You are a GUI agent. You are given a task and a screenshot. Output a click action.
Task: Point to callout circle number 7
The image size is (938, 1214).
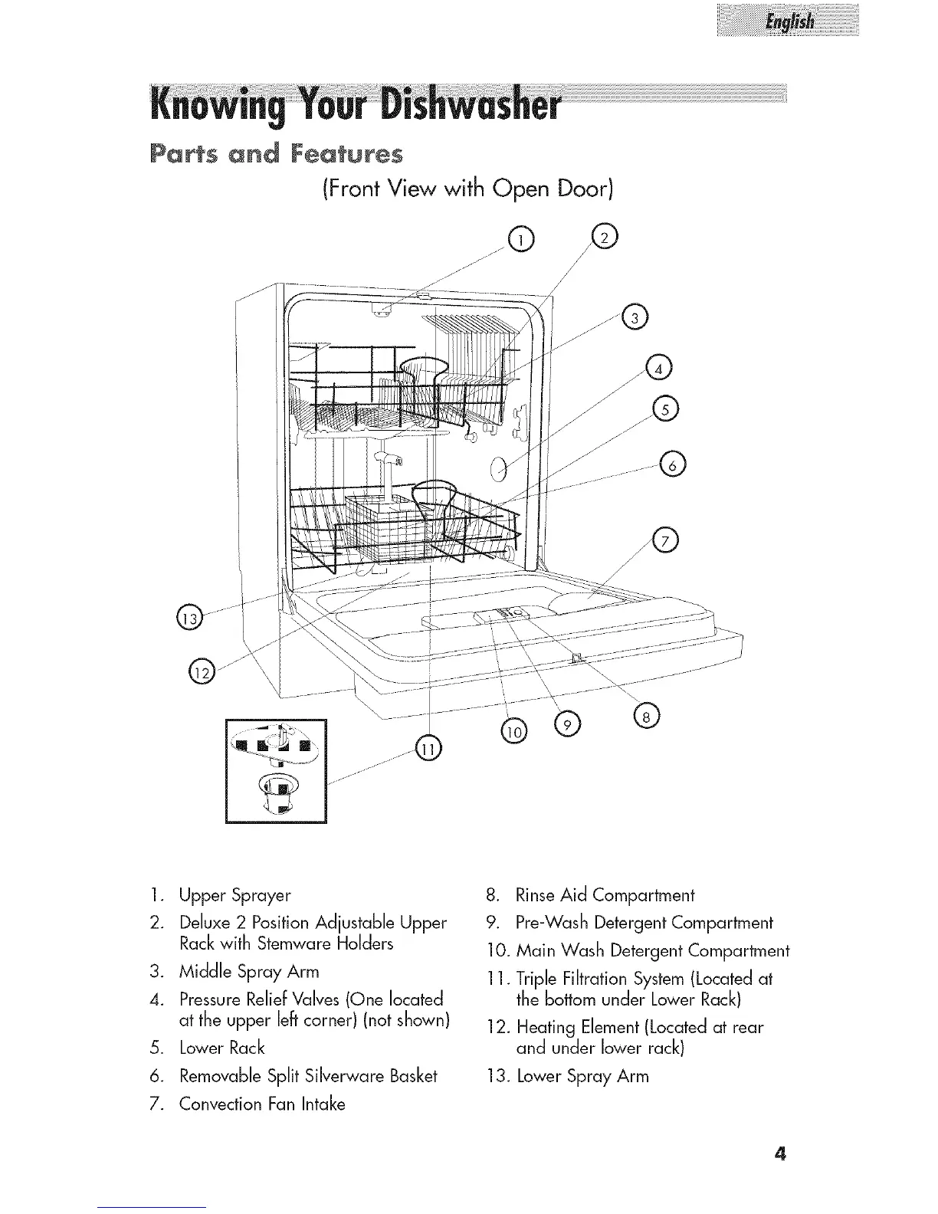click(664, 541)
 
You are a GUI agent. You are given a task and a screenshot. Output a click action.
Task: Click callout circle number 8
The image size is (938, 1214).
click(646, 717)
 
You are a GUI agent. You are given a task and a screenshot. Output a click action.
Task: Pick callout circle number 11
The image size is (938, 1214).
click(428, 750)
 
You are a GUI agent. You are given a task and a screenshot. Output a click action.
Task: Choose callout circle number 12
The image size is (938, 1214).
click(202, 672)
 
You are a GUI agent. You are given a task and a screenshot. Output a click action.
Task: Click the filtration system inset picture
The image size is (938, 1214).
click(276, 770)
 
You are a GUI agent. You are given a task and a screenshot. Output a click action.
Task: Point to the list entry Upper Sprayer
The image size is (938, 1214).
click(235, 895)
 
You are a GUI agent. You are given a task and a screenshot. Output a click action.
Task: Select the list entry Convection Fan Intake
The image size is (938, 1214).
click(261, 1104)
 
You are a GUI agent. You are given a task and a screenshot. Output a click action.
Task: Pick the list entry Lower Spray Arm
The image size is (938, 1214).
click(582, 1076)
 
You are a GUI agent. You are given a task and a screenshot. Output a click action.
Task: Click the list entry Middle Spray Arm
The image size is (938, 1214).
click(248, 972)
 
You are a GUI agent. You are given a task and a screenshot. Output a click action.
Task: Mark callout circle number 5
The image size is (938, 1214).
click(664, 410)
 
